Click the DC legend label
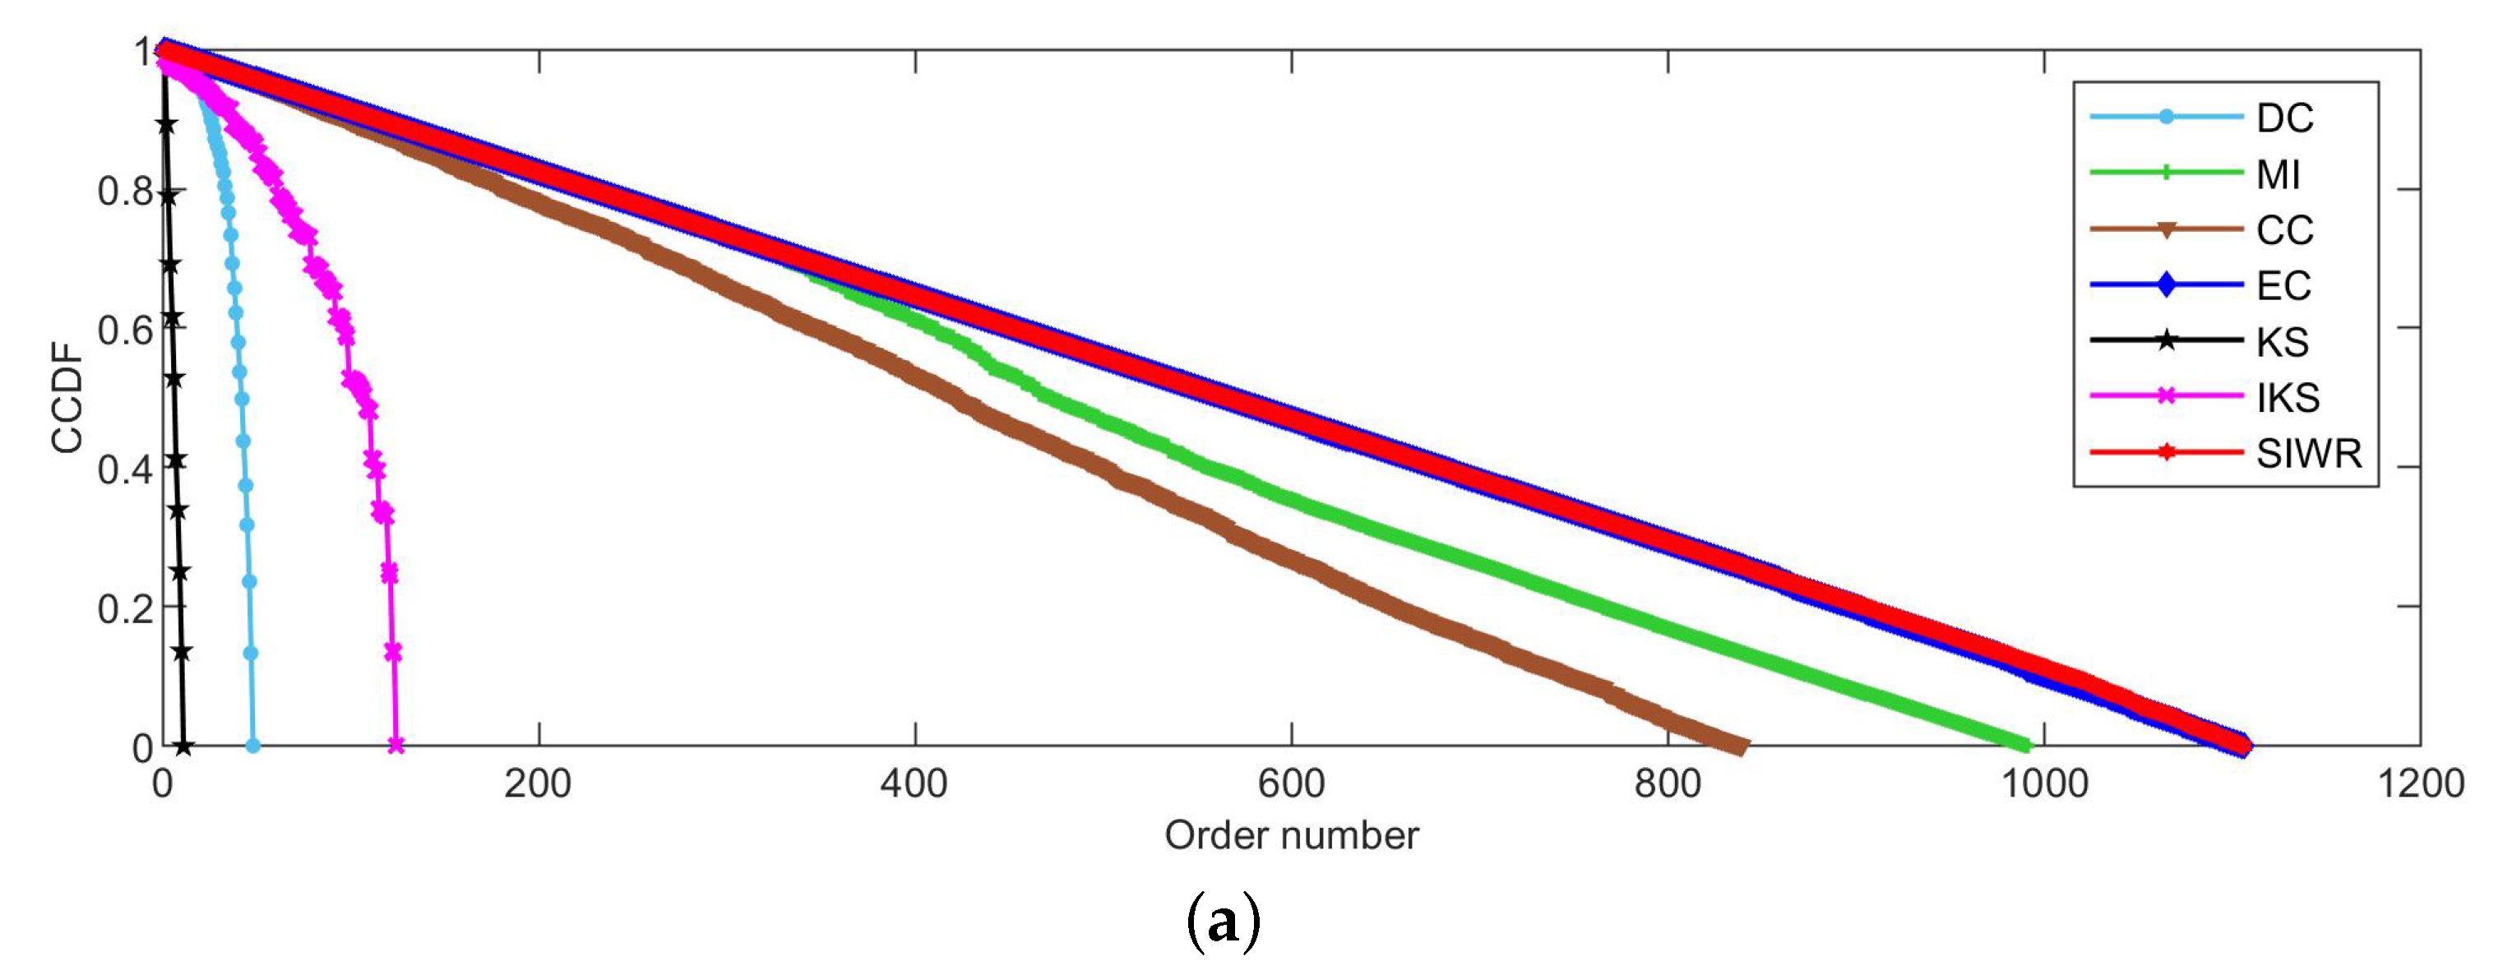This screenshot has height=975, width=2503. coord(2284,118)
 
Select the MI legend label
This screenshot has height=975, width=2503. coord(2279,175)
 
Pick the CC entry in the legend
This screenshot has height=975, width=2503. coord(2284,230)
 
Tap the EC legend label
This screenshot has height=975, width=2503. coord(2283,285)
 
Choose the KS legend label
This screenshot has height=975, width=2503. coord(2283,342)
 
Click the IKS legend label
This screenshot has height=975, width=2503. coord(2288,397)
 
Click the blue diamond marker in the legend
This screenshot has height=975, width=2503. coord(2166,285)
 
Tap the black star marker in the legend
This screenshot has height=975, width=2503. coord(2166,341)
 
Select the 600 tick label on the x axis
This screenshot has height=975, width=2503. coord(1291,783)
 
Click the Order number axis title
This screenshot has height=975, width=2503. coord(1291,835)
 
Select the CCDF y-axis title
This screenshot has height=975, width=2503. coord(68,406)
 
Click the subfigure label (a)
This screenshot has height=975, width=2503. coord(1224,922)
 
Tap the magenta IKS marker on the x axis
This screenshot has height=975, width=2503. coord(396,746)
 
